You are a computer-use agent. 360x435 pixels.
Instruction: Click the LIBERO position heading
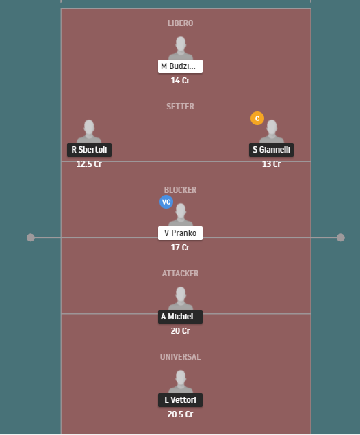[180, 23]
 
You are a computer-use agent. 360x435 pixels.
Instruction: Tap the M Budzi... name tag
[180, 66]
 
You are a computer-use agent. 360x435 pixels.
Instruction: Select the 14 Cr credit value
[180, 81]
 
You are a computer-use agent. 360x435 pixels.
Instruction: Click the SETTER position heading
[180, 107]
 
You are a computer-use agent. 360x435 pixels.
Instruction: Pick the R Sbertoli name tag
[89, 150]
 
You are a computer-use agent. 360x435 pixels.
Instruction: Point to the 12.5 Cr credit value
[89, 164]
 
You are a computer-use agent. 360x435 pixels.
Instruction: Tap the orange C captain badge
[257, 118]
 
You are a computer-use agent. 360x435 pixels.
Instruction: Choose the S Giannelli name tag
[271, 150]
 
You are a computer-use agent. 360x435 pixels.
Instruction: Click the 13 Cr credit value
[271, 164]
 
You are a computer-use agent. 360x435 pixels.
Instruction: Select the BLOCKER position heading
[180, 190]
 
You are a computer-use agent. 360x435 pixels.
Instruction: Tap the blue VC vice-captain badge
[166, 202]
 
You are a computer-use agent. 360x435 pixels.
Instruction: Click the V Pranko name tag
[180, 233]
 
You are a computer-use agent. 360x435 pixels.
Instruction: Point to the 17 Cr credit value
[180, 248]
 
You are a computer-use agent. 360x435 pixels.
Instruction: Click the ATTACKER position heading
[180, 274]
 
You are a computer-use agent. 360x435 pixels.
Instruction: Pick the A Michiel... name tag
[180, 317]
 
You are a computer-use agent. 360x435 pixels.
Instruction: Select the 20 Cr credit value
[180, 331]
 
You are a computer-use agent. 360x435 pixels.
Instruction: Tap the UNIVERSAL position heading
[180, 357]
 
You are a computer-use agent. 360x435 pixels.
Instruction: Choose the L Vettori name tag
[180, 400]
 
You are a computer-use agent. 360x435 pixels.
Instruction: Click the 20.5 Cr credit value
[180, 414]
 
